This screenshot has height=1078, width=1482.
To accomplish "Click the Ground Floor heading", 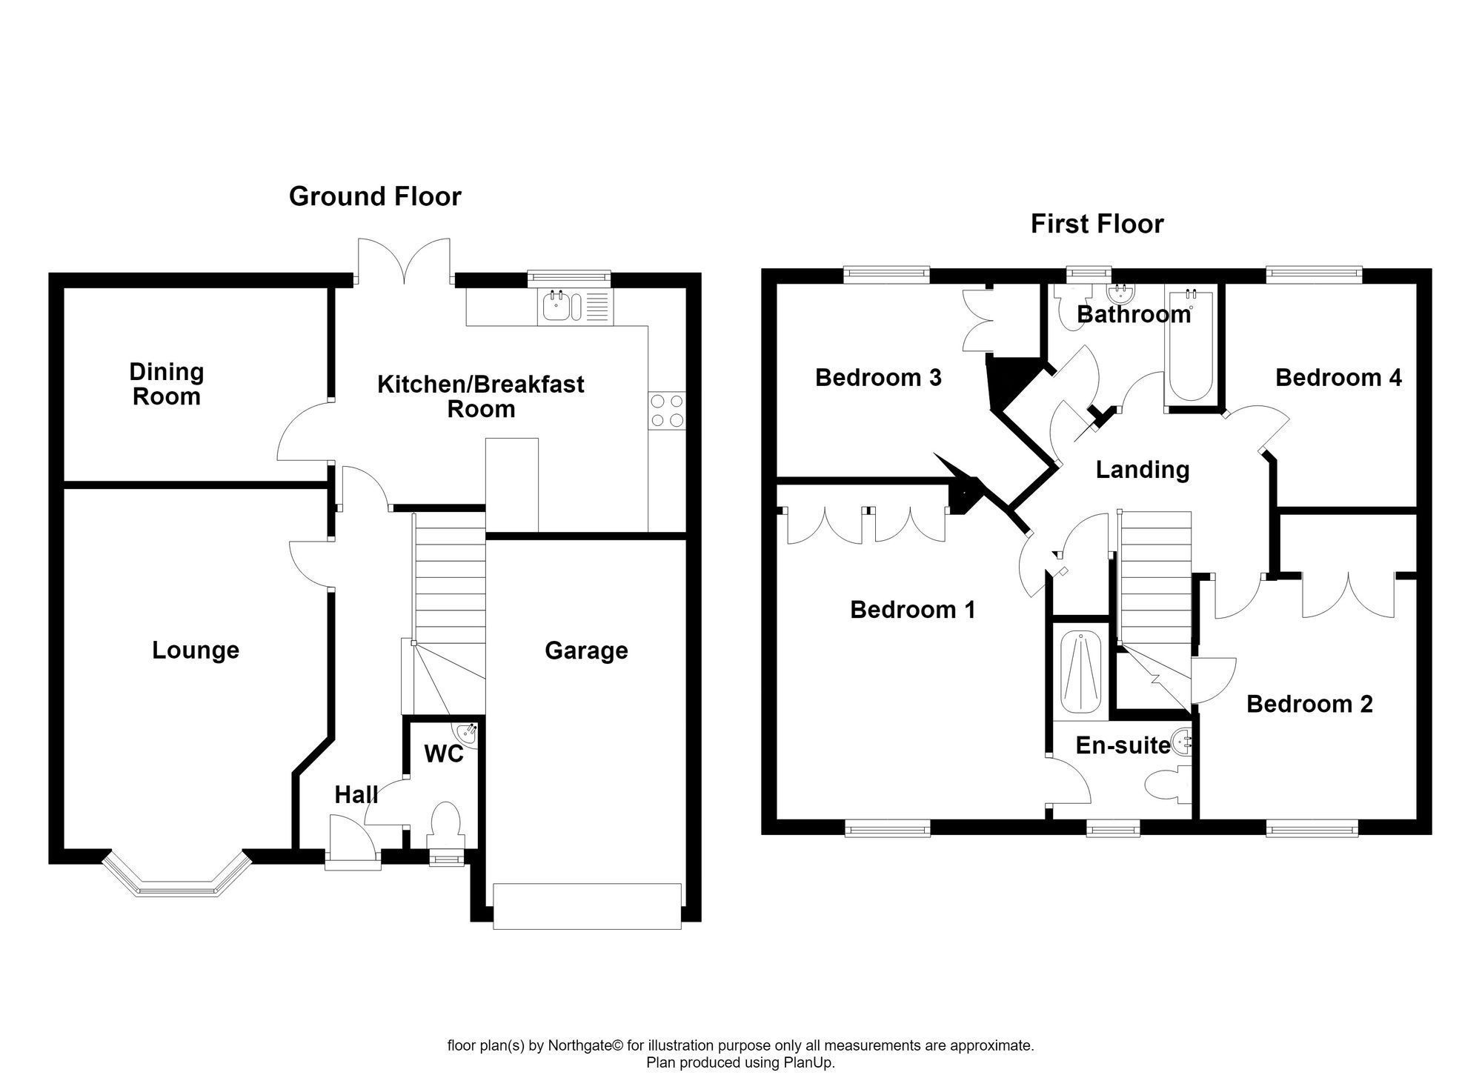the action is tap(375, 196).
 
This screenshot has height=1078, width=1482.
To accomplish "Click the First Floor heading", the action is tap(1097, 224).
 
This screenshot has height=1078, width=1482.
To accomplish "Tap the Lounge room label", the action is tap(196, 650).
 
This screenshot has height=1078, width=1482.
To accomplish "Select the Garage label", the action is tap(586, 651).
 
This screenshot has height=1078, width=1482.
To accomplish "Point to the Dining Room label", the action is tap(167, 384).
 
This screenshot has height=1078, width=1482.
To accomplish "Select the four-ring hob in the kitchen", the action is tap(667, 410).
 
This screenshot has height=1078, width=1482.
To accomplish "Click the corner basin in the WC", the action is tap(468, 733).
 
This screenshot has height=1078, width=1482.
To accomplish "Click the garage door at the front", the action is tap(587, 905).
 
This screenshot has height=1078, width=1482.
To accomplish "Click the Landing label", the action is tap(1143, 470).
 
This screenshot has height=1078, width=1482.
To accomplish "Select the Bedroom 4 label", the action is tap(1338, 378).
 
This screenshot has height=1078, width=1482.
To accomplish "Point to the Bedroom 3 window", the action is tap(887, 275).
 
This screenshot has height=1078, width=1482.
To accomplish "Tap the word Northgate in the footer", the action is tap(580, 1046).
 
